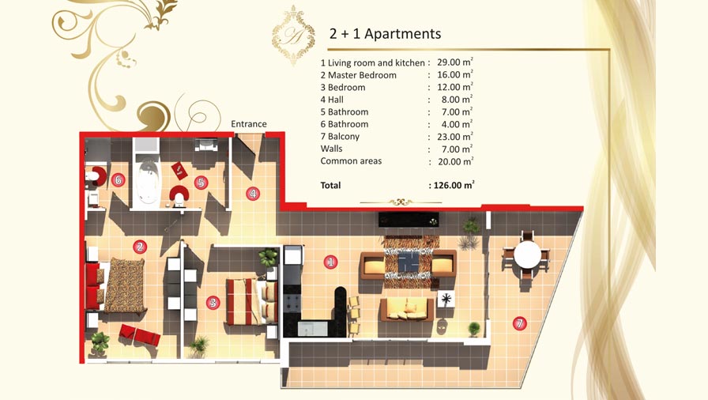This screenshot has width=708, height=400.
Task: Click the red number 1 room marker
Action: [330, 262]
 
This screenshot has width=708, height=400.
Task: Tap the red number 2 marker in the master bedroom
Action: [140, 247]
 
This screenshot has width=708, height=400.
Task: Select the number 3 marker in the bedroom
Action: [213, 303]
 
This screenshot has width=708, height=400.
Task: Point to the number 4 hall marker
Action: [252, 194]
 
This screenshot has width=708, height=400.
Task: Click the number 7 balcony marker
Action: [519, 323]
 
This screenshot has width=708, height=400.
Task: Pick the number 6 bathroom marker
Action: [118, 180]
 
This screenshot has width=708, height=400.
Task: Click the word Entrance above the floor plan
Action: [249, 123]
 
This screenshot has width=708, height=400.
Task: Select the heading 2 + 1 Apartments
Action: [385, 34]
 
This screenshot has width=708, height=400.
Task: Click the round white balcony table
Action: [527, 255]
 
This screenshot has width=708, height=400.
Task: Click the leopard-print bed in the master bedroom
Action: [123, 285]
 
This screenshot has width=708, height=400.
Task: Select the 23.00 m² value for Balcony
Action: [455, 136]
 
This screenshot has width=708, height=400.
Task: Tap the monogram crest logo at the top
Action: [293, 36]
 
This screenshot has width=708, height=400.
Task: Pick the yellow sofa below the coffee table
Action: [407, 310]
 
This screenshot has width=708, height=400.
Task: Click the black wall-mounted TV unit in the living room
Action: [409, 220]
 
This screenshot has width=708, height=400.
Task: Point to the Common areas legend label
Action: [351, 161]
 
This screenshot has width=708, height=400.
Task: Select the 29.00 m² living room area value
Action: [455, 62]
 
